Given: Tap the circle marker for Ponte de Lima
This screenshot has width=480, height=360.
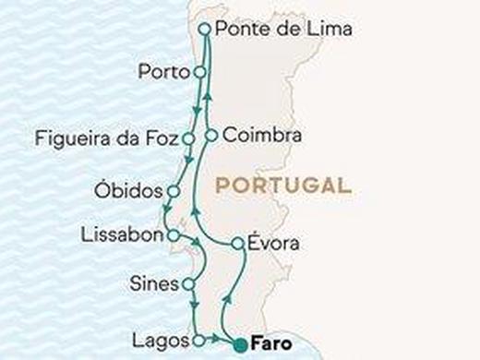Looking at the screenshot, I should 204,30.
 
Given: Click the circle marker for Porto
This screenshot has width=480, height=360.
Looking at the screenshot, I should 198,70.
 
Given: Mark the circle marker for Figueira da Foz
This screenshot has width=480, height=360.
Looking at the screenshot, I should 188,139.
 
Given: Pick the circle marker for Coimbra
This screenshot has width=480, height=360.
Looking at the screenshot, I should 211,136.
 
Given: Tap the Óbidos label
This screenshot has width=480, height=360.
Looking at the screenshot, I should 127,191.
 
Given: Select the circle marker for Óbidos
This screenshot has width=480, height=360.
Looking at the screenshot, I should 173,191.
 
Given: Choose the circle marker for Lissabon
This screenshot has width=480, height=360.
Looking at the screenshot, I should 173,236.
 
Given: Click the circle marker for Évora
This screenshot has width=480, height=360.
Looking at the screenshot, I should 237,244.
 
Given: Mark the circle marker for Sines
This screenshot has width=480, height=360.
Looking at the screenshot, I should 189,284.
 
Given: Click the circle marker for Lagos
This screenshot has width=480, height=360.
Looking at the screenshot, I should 198,341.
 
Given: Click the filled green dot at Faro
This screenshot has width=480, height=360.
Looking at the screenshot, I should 240,345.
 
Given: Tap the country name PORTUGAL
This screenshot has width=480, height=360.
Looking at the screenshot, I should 282,185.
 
